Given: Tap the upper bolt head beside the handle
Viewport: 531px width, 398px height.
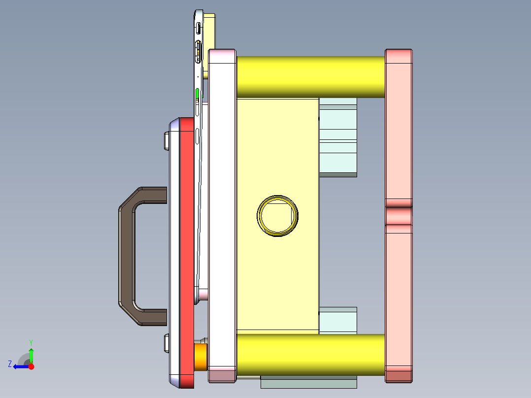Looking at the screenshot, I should tap(166, 141).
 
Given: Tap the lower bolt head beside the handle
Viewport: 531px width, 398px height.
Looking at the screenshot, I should tap(166, 343).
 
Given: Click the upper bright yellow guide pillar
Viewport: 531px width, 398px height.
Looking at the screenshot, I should tap(310, 76).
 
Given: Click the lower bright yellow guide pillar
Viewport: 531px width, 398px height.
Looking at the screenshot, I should tap(310, 354).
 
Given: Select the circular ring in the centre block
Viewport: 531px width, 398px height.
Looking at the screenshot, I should tap(277, 215).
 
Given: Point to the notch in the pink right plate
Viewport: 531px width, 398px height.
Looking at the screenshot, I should tap(398, 215).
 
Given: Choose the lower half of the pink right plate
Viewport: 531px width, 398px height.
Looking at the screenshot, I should tap(398, 300).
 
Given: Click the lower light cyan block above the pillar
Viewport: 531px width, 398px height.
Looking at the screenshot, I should tap(338, 321).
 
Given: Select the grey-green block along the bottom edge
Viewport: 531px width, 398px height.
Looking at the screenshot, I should tap(308, 383).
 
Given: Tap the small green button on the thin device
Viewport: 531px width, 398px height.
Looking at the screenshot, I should tap(198, 94).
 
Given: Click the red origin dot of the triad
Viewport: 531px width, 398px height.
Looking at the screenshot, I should tap(31, 366).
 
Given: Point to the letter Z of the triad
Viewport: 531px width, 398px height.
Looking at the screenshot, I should tap(10, 364).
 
